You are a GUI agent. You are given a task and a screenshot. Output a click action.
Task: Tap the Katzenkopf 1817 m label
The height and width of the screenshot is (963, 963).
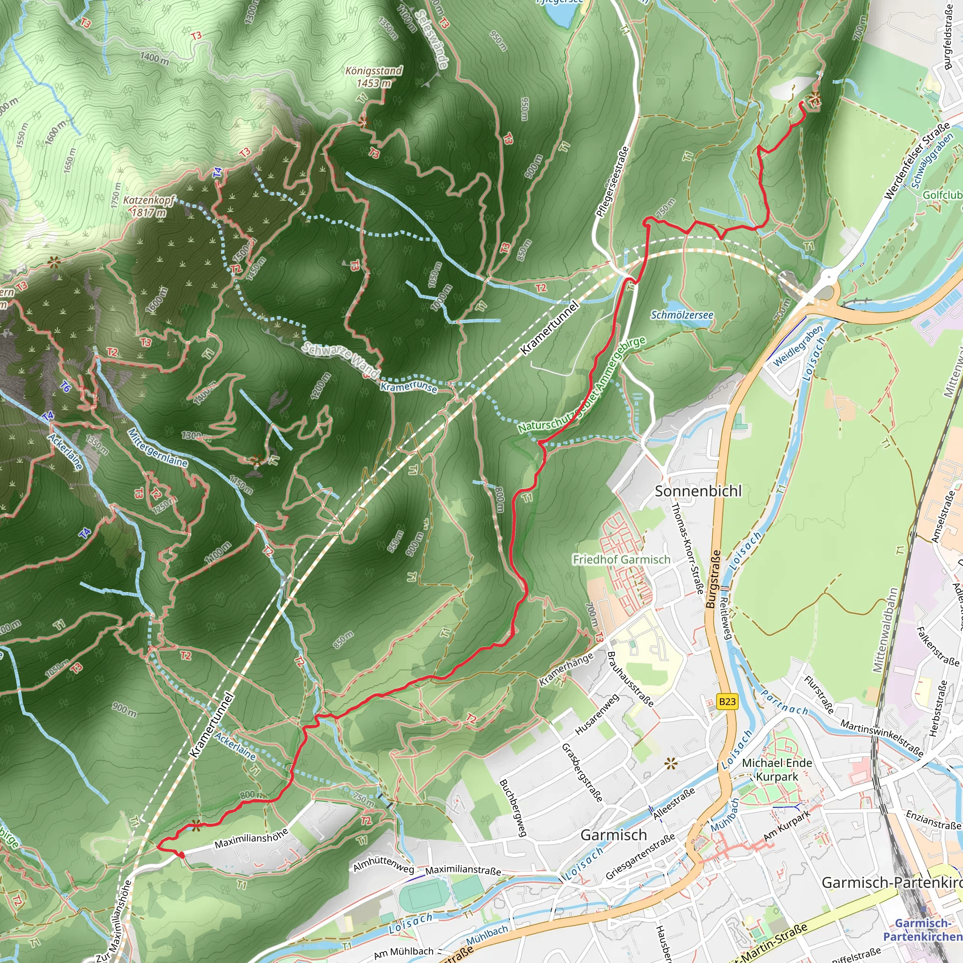coord(149,206)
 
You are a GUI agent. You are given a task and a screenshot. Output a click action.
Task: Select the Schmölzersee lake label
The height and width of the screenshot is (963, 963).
coord(681,315)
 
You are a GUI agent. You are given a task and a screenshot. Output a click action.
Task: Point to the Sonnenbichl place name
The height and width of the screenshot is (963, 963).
coord(698,491)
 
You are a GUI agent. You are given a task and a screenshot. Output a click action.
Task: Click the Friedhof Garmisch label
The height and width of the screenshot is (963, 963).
coord(621,559)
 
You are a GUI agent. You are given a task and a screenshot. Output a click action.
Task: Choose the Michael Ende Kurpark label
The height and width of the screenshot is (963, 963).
coord(777,770)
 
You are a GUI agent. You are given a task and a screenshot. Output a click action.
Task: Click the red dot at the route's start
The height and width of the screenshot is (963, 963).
coord(182,855)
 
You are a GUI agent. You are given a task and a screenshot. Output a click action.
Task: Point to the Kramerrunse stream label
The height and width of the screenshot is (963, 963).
coord(409,387)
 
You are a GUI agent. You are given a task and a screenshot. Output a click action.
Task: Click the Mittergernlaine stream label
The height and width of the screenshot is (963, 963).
coord(158,448)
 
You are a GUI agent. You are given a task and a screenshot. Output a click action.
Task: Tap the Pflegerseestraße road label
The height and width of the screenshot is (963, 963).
coord(613,182)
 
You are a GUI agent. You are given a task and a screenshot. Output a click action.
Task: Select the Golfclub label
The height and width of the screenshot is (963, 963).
coord(942,195)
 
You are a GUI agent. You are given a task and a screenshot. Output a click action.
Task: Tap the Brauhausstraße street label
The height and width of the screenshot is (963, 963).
coord(630,679)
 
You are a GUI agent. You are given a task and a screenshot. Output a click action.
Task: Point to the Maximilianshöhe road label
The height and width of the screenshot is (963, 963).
coord(251,838)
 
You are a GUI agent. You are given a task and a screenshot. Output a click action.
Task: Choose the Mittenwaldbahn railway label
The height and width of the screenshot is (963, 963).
coord(885,630)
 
